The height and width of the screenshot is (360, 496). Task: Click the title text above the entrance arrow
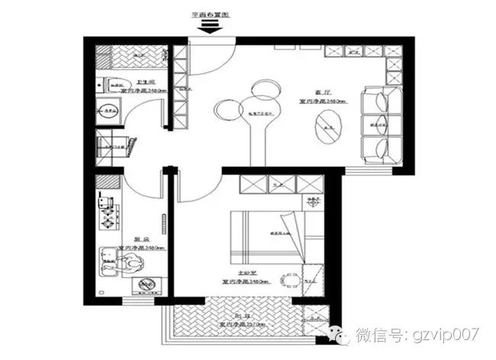(209, 14)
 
